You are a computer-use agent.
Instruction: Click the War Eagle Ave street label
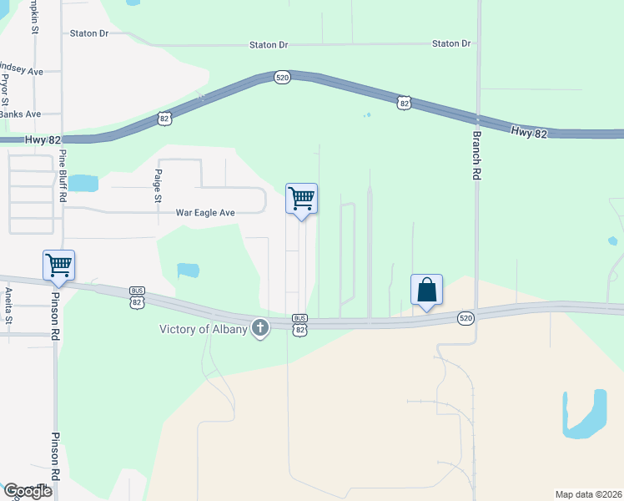click(x=204, y=213)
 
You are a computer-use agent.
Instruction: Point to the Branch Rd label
click(x=477, y=155)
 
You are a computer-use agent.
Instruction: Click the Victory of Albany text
click(x=204, y=328)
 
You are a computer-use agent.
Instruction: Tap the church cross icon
click(x=261, y=328)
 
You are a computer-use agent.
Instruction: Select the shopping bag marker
click(x=426, y=291)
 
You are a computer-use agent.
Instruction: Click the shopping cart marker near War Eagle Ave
click(x=301, y=200)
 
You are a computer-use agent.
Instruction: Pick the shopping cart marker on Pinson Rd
click(x=59, y=266)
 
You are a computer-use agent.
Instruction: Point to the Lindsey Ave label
click(x=20, y=71)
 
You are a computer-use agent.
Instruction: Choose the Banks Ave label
click(x=20, y=114)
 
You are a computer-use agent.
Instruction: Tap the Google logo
click(x=27, y=491)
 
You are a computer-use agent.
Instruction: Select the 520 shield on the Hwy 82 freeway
click(x=282, y=77)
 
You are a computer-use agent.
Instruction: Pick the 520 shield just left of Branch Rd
click(x=466, y=317)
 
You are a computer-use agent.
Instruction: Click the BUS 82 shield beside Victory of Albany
click(x=300, y=324)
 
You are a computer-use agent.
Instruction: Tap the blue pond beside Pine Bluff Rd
click(x=82, y=182)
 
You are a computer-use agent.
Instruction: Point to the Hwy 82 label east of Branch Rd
click(x=529, y=132)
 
